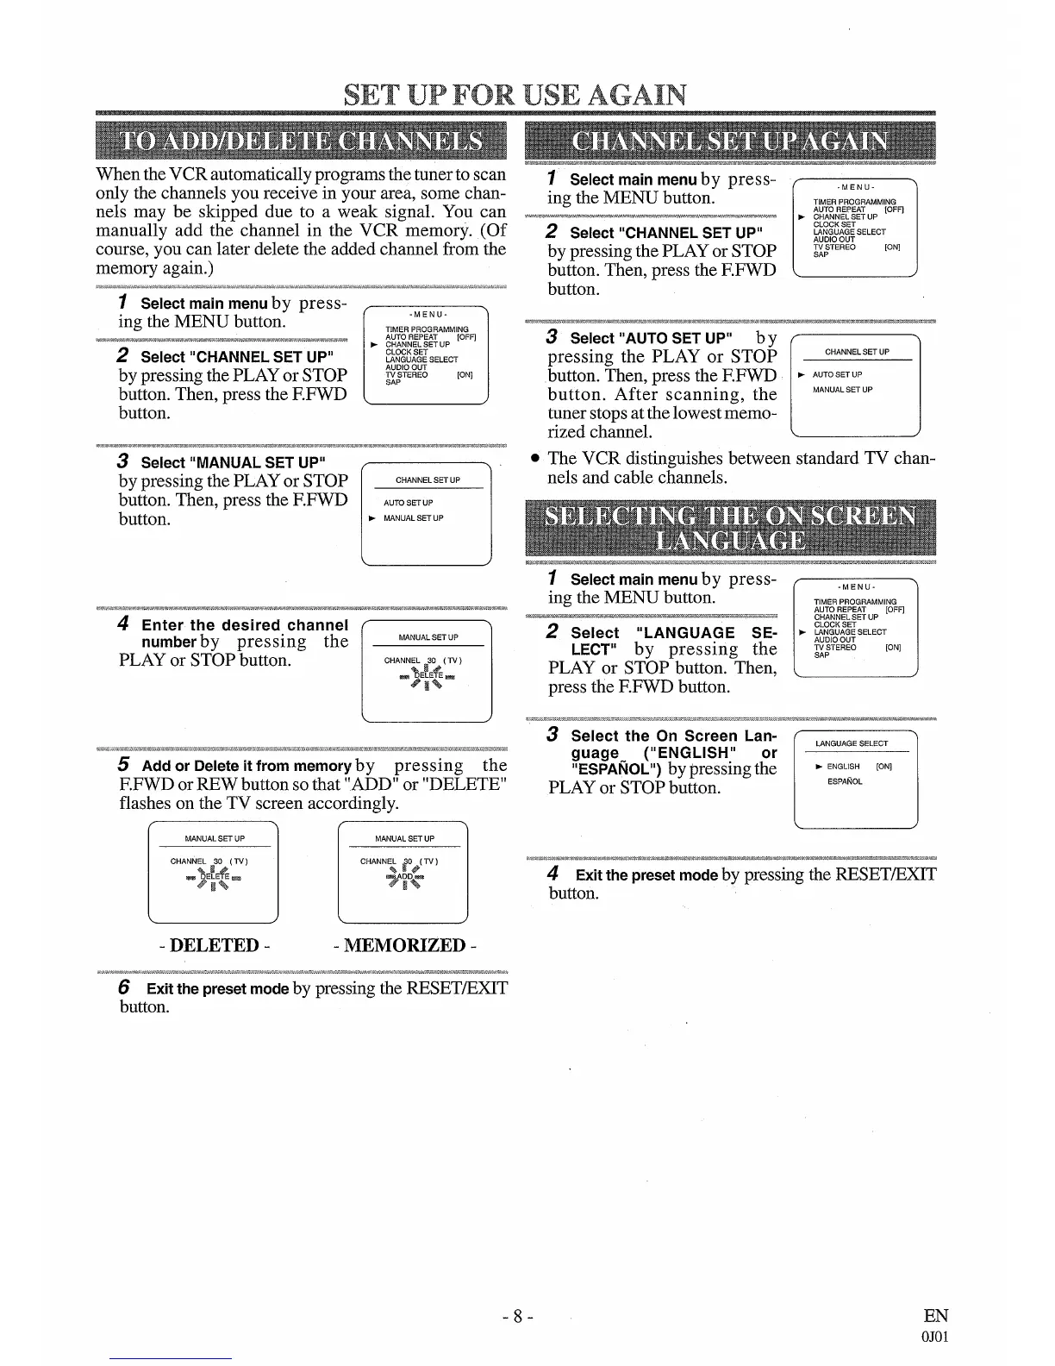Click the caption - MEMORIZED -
404,945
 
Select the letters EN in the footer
935,1316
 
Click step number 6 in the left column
124,987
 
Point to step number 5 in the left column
124,765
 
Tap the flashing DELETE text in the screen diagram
212,878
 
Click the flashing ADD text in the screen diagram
403,878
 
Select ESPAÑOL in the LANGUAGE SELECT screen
844,782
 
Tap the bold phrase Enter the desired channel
245,625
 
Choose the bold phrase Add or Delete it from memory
247,766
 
